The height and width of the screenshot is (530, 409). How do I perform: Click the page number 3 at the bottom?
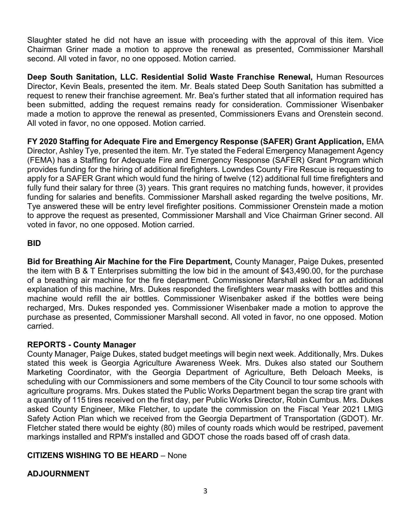(x=205, y=491)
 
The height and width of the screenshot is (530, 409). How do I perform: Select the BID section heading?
(x=34, y=243)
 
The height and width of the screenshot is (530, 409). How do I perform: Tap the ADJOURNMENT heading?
(x=58, y=474)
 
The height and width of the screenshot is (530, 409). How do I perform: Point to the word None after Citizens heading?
(x=177, y=456)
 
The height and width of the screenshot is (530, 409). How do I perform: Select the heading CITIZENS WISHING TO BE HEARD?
(x=93, y=456)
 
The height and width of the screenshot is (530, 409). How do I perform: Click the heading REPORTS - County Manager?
(x=81, y=345)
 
